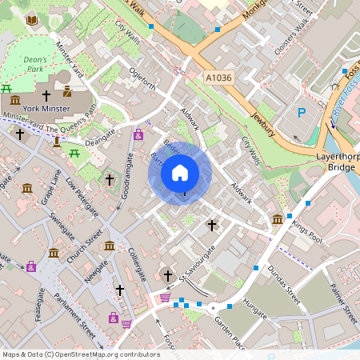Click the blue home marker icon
coord(180,172)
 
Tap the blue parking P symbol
coord(302,113)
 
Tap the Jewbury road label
coord(262,119)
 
